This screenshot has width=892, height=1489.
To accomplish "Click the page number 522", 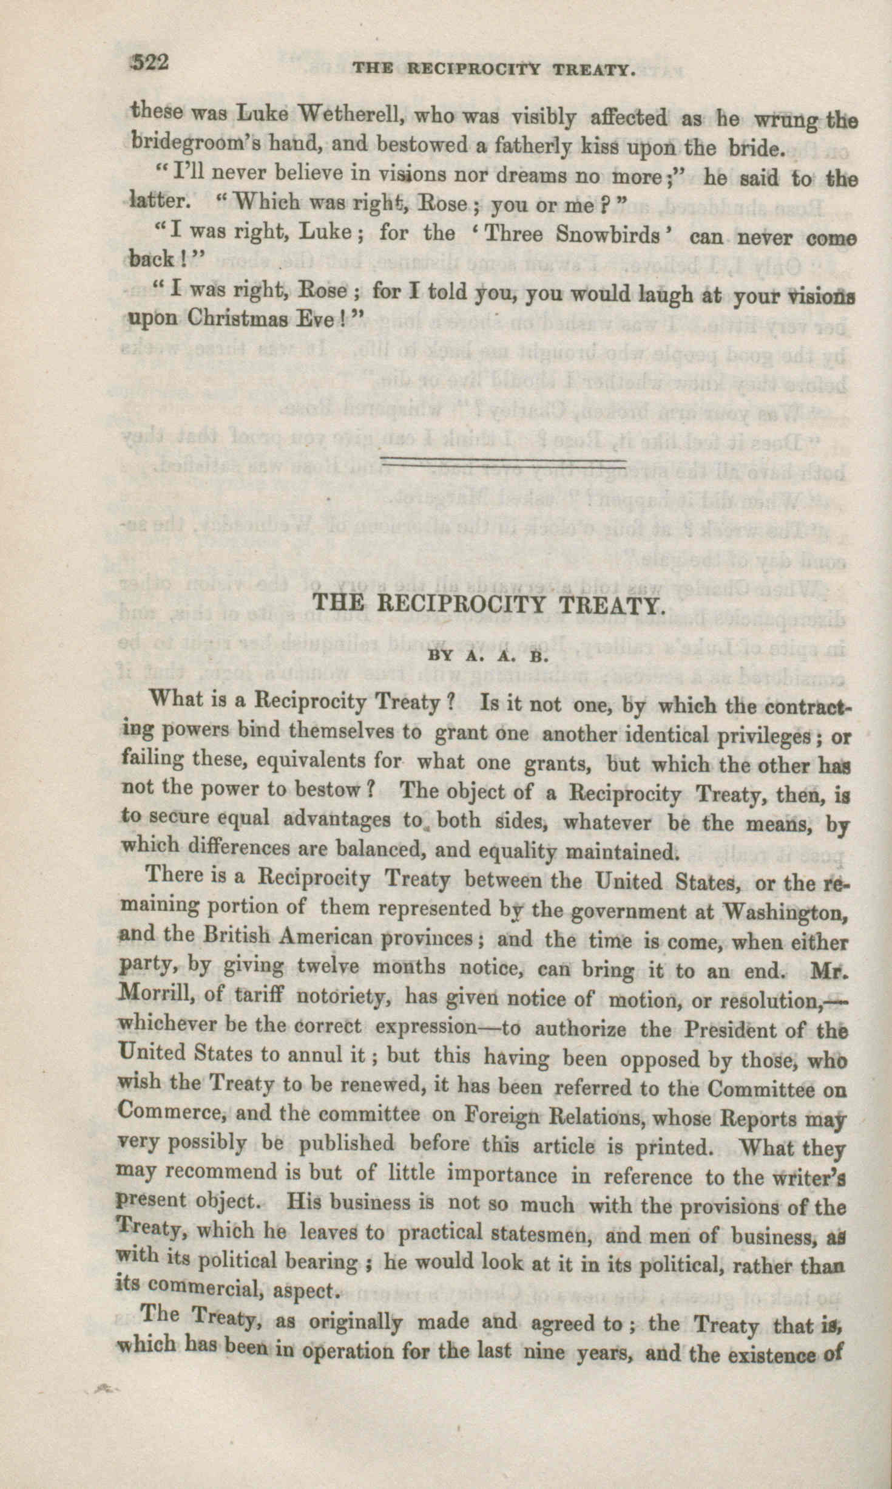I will [x=150, y=63].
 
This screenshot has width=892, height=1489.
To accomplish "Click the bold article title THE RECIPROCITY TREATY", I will [x=488, y=605].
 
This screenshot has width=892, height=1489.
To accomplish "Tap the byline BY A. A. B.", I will [x=488, y=656].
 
